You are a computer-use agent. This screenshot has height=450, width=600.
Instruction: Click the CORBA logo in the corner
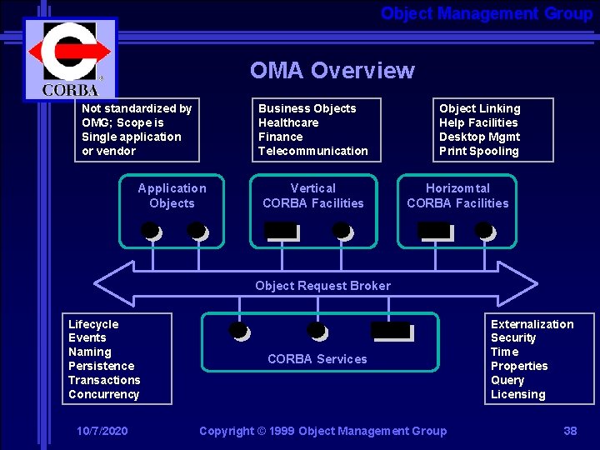[x=70, y=58]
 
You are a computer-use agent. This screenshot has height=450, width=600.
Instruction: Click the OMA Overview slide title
[x=332, y=70]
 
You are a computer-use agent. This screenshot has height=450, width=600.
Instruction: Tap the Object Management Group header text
[x=486, y=13]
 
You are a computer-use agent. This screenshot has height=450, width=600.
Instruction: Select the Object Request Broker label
[x=322, y=286]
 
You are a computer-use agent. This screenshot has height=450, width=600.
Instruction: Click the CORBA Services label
[x=317, y=359]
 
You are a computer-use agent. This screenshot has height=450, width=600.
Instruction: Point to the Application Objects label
[x=172, y=196]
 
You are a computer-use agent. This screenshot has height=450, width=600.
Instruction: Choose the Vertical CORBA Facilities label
[x=313, y=196]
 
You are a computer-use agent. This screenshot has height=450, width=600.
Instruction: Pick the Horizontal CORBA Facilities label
[x=457, y=196]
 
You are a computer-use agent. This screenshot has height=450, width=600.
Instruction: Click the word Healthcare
[x=288, y=122]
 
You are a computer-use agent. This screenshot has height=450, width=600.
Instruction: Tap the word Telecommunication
[x=312, y=151]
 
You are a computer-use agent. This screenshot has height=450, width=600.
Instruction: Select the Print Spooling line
[x=478, y=151]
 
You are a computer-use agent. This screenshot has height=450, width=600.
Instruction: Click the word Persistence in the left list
[x=101, y=366]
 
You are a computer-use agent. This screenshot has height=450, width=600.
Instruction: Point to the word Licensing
[x=517, y=394]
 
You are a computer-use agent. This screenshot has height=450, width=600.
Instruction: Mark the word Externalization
[x=532, y=324]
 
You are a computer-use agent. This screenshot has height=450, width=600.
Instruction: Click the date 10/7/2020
[x=102, y=431]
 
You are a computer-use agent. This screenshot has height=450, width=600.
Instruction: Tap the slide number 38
[x=570, y=431]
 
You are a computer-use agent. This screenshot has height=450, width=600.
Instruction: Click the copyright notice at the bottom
[x=322, y=431]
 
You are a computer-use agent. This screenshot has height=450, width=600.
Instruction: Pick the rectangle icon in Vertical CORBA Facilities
[x=282, y=232]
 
